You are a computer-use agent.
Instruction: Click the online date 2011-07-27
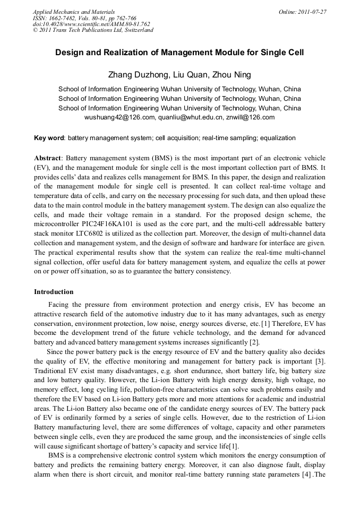point(313,11)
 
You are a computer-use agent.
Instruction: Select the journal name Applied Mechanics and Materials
point(74,11)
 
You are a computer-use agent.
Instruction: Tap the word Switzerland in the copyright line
point(136,30)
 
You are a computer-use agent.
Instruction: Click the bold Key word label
point(49,138)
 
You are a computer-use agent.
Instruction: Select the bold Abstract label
point(48,158)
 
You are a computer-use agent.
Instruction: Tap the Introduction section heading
point(54,292)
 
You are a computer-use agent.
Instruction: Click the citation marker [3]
point(320,361)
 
